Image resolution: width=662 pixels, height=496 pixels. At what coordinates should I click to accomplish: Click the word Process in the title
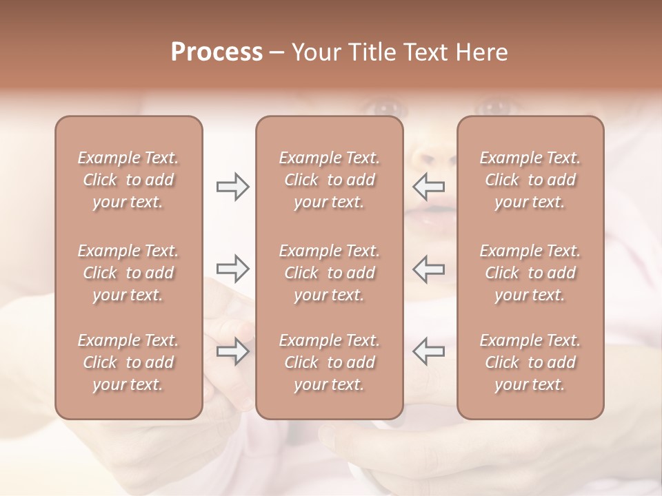217,52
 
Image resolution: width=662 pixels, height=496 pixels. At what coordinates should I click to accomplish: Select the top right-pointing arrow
232,187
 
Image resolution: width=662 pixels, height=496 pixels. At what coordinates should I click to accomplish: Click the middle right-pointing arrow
232,268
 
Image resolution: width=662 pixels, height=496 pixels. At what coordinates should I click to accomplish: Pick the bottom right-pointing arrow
232,351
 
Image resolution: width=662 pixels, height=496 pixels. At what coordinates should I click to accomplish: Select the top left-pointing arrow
429,186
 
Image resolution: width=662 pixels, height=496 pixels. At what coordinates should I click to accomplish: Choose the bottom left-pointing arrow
429,351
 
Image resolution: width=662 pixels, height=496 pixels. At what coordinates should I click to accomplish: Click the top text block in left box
128,180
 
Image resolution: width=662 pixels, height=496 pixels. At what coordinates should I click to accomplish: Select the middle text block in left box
128,273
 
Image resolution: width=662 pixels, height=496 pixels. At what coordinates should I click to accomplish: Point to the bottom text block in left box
128,362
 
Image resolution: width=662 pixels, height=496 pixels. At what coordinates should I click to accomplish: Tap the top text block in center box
329,180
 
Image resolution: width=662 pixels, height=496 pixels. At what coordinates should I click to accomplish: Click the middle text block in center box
329,273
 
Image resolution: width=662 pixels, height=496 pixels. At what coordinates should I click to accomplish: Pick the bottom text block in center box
329,362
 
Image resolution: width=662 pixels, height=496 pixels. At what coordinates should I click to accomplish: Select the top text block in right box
530,180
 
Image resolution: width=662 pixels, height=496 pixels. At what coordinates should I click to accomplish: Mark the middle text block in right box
530,273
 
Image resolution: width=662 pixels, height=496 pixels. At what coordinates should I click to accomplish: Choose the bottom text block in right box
530,362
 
